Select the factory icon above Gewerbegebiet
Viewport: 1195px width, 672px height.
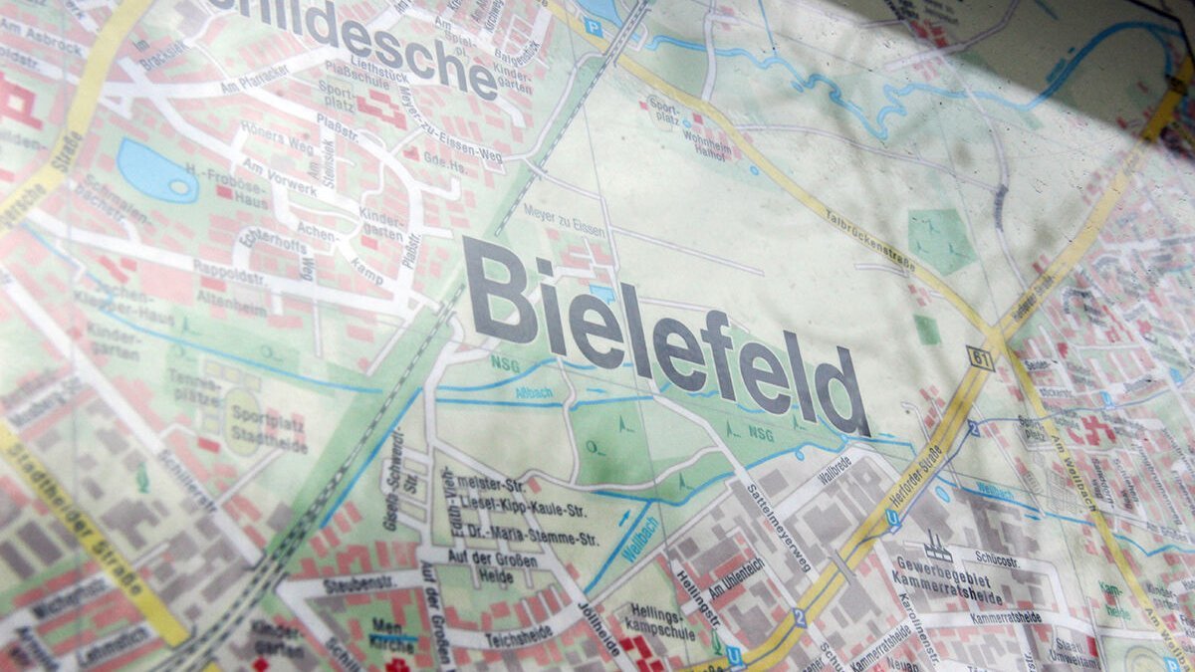coord(936,547)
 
